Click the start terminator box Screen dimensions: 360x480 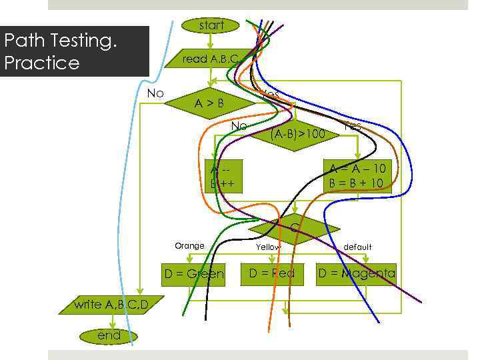211,25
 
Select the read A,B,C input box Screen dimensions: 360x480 210,59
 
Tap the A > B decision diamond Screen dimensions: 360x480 209,103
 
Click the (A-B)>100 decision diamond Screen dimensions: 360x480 297,134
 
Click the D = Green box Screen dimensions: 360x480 194,274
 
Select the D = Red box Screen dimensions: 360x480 271,273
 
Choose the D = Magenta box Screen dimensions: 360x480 356,273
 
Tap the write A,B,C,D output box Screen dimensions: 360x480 111,305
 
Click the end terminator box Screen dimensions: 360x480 109,335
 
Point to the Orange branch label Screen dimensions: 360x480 189,246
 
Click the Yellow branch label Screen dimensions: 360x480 268,247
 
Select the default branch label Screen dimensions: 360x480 357,247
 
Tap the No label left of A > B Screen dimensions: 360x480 155,93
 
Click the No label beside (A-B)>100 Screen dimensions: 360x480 239,126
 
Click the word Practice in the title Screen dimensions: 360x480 42,63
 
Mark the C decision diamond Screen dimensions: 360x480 294,229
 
